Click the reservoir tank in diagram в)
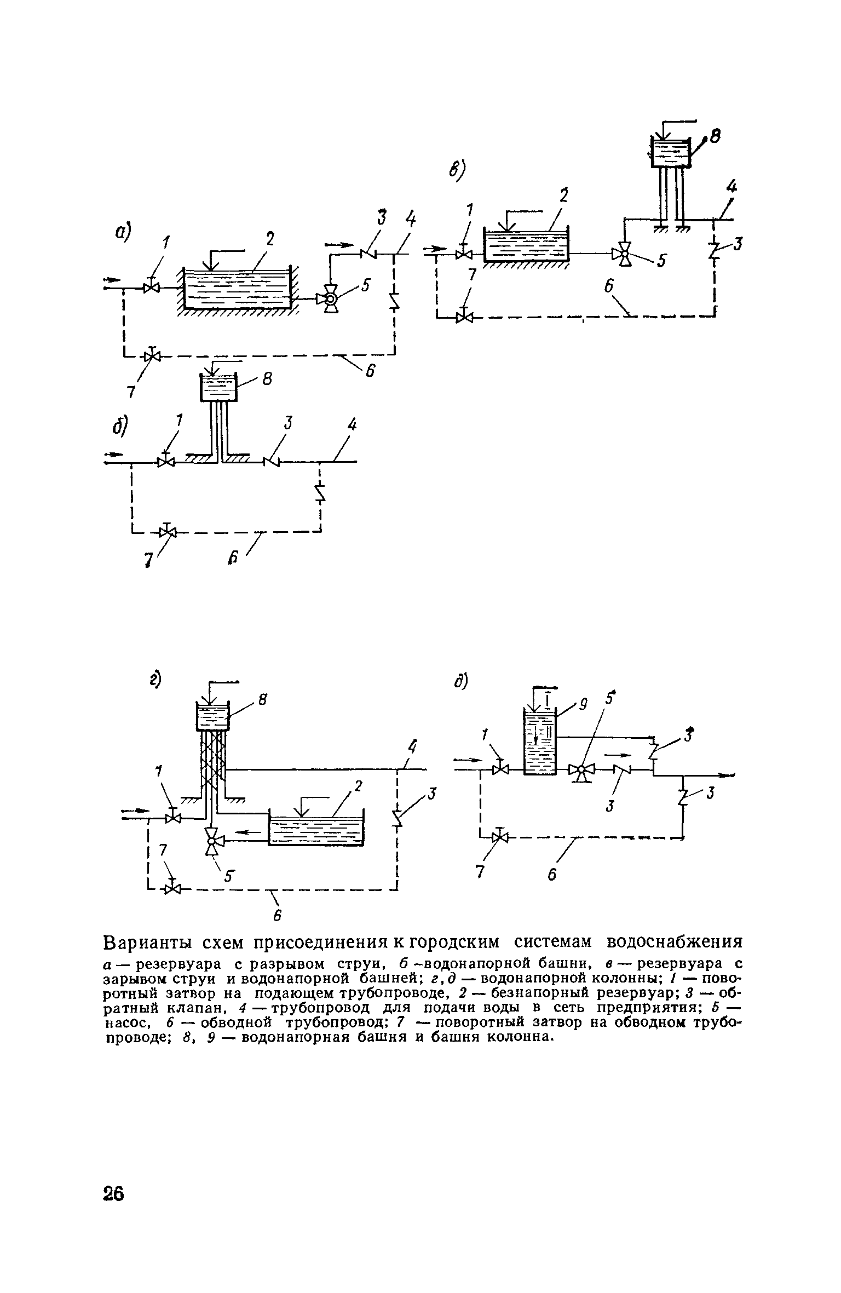526,244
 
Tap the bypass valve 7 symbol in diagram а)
152,355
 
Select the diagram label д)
461,681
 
